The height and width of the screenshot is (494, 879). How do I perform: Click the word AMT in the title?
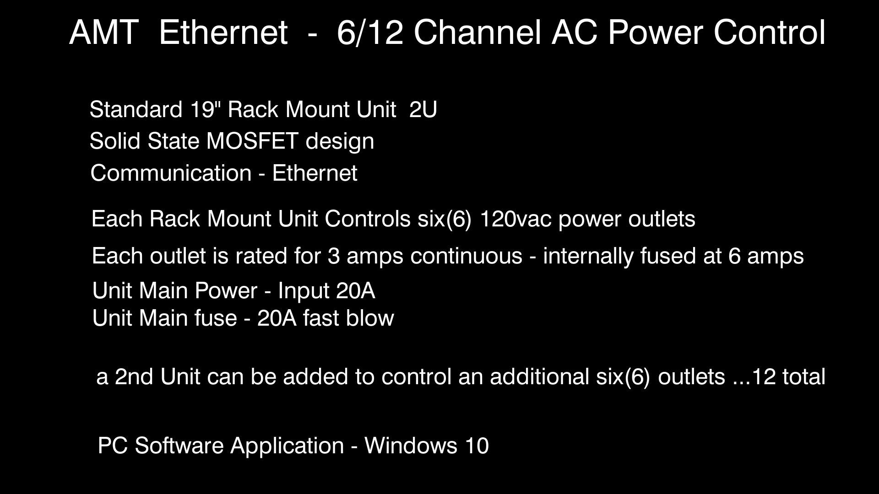[x=104, y=32]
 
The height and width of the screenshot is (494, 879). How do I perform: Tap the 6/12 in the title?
[x=370, y=32]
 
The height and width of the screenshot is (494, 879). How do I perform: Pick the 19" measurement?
[x=205, y=110]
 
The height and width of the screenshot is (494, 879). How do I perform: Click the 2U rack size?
[x=423, y=110]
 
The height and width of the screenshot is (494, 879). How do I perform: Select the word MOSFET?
[x=253, y=141]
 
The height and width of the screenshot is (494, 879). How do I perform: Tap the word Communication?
[x=171, y=173]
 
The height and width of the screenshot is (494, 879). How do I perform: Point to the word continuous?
[x=467, y=256]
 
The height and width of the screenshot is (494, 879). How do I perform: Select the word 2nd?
[x=134, y=377]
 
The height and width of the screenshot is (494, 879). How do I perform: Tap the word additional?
[x=539, y=377]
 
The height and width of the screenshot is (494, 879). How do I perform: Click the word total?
[x=804, y=377]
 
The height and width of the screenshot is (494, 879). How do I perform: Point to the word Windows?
[x=411, y=446]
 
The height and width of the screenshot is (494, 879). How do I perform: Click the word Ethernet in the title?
[x=223, y=32]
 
